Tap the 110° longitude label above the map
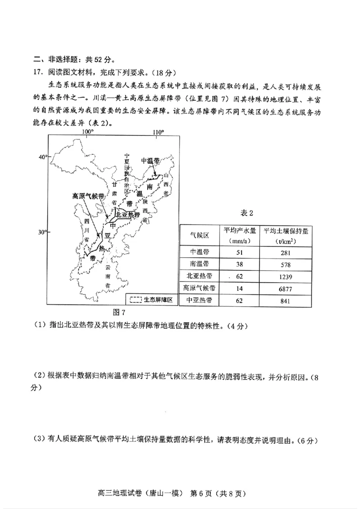157,132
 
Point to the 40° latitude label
42,157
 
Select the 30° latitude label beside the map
42,232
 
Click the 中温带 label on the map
150,161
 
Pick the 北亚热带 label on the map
128,215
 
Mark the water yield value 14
239,288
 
